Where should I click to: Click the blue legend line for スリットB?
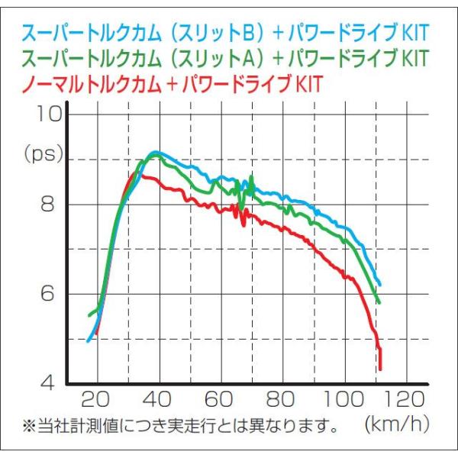tap(225, 32)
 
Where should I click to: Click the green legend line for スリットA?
tap(225, 58)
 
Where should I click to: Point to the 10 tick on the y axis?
tap(49, 114)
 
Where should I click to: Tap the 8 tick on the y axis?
tap(47, 204)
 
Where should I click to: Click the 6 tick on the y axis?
tap(47, 294)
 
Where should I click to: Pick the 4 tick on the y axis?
tap(47, 382)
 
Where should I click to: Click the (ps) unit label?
tap(44, 154)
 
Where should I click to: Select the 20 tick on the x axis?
tap(95, 399)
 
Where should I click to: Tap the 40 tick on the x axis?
tap(157, 399)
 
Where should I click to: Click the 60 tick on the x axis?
tap(219, 399)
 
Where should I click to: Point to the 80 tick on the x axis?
tap(280, 399)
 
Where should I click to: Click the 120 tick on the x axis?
tap(405, 399)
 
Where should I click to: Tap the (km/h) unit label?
tap(397, 424)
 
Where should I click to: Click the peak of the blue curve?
tap(156, 152)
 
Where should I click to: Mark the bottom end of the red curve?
tap(380, 369)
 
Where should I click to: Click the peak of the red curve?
tap(135, 173)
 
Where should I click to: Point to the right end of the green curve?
tap(379, 302)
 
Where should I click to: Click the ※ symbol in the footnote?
tap(29, 426)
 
